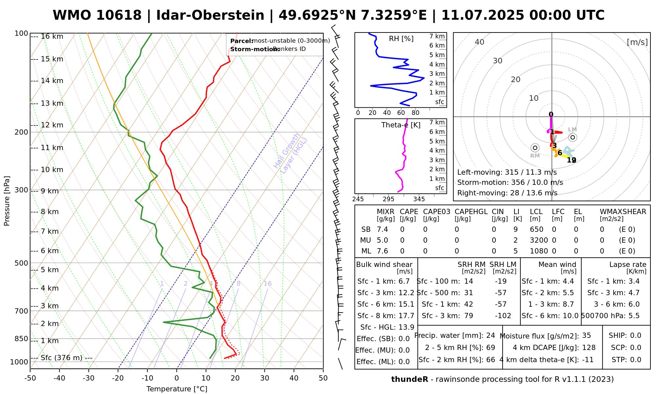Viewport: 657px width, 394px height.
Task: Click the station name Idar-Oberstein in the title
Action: coord(210,15)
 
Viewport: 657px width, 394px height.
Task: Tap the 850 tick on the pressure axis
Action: coord(21,339)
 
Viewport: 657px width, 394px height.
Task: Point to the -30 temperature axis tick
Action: coord(89,378)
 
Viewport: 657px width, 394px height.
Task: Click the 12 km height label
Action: coord(52,125)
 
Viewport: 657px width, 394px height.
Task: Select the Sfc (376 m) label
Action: coord(61,358)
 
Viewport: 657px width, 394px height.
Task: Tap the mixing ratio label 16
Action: coord(268,284)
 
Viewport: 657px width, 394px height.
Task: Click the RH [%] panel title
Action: coord(401,39)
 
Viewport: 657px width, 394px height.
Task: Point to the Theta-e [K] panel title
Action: coord(401,125)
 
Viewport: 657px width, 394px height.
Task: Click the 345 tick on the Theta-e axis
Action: coord(419,199)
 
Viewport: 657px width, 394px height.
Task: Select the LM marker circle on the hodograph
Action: coord(573,137)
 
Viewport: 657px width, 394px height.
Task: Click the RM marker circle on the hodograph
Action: coord(535,148)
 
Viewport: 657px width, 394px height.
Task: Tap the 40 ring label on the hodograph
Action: coord(480,42)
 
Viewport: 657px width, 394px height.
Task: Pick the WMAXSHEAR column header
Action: coord(623,212)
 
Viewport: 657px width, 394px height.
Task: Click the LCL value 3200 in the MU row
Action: coord(539,240)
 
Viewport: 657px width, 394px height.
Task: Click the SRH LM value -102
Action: coord(503,316)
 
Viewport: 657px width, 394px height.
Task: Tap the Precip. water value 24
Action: coord(490,336)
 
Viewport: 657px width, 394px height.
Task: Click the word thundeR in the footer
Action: coord(409,380)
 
